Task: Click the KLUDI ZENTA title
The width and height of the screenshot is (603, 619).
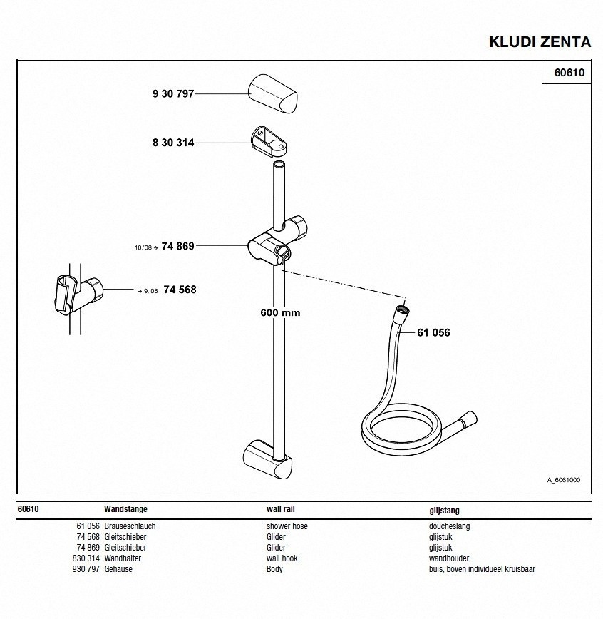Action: pos(540,42)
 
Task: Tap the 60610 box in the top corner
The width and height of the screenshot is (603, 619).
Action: pos(567,72)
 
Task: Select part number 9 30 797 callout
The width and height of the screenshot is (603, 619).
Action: pos(173,94)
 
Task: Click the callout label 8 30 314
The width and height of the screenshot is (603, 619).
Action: pos(173,143)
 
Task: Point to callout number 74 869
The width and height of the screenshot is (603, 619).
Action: pos(178,246)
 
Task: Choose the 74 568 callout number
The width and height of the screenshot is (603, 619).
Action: pos(180,290)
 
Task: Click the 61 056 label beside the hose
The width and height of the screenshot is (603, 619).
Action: pos(433,332)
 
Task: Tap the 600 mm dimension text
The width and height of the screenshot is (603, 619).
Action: pos(280,312)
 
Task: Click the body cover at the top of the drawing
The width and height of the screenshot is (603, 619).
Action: pos(273,93)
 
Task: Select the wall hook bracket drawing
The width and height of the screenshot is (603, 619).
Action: pos(269,141)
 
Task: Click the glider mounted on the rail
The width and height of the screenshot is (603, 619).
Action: pos(277,241)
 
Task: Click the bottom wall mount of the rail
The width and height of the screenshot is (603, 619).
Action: pos(267,460)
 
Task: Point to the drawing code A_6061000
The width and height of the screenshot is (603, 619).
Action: pos(564,480)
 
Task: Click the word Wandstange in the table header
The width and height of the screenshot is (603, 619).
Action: pos(125,509)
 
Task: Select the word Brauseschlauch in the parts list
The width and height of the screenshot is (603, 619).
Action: pos(130,526)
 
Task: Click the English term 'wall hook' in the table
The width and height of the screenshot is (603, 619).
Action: pos(282,558)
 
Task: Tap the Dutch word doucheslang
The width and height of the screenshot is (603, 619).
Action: pos(450,526)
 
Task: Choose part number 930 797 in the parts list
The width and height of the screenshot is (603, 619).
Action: pos(86,569)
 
